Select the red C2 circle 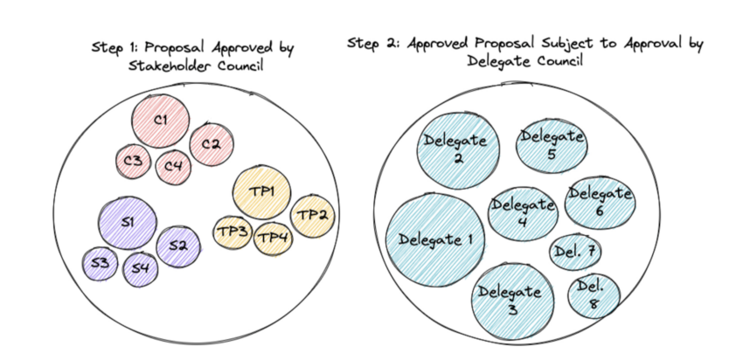point(210,143)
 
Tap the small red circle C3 point(134,160)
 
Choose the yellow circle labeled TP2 point(310,214)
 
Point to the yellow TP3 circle point(233,232)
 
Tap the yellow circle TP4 point(273,238)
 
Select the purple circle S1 point(128,224)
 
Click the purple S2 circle point(177,246)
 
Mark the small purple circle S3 point(101,263)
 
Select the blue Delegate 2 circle point(458,148)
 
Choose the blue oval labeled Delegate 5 point(552,144)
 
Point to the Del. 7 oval point(575,253)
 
